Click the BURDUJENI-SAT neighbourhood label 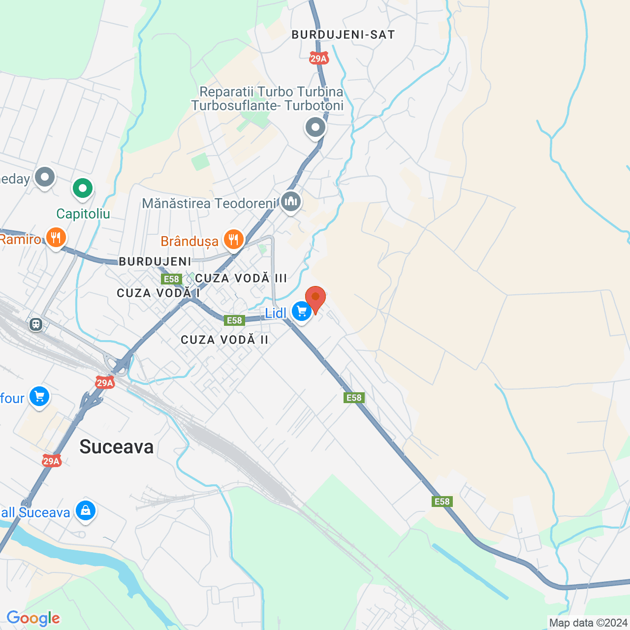[343, 34]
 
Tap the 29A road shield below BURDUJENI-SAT [318, 59]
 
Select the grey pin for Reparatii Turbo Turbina [315, 127]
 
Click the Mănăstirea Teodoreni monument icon [291, 201]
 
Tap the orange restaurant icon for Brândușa [233, 240]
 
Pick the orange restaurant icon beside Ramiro [56, 238]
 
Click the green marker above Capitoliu [83, 188]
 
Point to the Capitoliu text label [83, 214]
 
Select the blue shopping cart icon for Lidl [301, 311]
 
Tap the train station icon [35, 324]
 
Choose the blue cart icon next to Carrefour [39, 396]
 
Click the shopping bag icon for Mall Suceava [85, 511]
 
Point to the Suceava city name [117, 447]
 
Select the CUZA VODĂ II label [224, 340]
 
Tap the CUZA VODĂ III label [241, 278]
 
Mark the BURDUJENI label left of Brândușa [155, 261]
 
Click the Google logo [33, 618]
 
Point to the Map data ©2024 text [588, 623]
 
